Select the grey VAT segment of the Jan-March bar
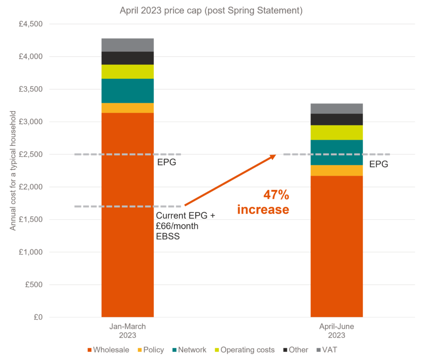[x=128, y=45]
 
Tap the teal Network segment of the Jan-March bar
[x=128, y=91]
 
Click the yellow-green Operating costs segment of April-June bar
[x=336, y=132]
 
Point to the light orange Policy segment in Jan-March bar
[x=128, y=108]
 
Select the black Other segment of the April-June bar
[x=336, y=119]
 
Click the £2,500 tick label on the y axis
[x=30, y=154]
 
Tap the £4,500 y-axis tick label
[x=30, y=24]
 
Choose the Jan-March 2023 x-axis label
[x=128, y=331]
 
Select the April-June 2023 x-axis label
[x=336, y=331]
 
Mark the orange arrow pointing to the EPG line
[x=230, y=180]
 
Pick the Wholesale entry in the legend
[x=108, y=350]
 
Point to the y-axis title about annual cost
[x=13, y=171]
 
